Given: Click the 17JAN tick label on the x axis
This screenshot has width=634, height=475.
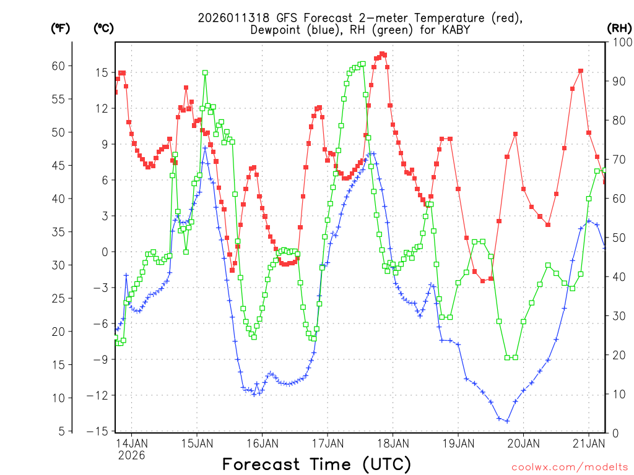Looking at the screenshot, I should tap(327, 443).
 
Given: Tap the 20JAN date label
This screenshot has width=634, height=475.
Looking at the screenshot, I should tap(523, 443).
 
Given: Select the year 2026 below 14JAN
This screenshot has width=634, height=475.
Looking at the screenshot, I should tap(131, 455).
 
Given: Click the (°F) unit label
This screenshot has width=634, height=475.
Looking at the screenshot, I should tap(60, 28).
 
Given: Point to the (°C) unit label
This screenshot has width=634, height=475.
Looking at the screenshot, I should tap(103, 28).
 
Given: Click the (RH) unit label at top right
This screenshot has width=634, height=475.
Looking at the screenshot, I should tap(619, 28).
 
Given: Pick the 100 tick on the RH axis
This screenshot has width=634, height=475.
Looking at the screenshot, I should tap(619, 42).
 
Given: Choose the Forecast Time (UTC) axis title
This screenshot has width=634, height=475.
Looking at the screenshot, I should tap(316, 464).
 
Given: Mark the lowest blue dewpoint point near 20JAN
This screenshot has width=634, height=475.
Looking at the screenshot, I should tap(507, 421).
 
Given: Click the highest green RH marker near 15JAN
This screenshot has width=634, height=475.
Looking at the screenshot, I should tap(205, 72).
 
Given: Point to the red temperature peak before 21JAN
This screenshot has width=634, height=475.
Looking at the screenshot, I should tap(581, 71).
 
